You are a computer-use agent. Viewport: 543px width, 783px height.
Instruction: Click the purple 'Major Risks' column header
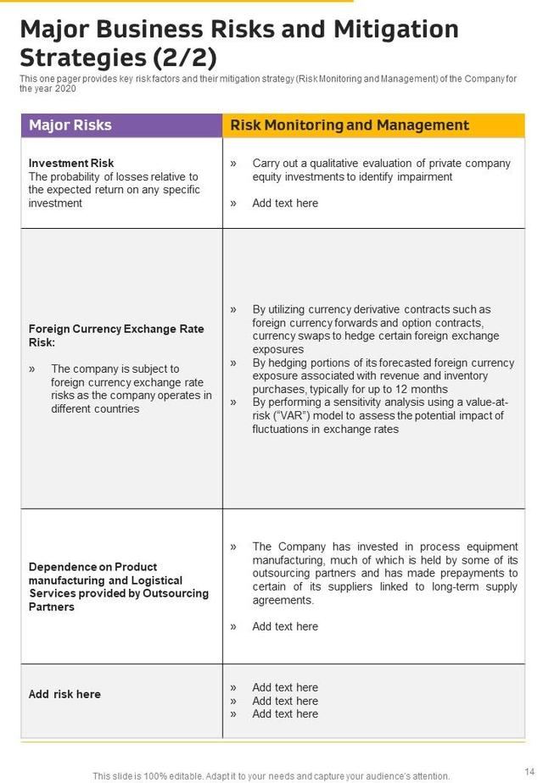coord(70,125)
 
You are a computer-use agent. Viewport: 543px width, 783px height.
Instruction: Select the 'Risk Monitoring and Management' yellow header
coord(350,125)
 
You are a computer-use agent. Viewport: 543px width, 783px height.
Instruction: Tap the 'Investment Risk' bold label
coord(71,163)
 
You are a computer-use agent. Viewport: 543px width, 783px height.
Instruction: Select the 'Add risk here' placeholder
coord(64,694)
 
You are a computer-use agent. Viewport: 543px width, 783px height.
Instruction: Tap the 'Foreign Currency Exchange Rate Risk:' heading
coord(116,336)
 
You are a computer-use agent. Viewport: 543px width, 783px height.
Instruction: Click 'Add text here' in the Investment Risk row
coord(285,203)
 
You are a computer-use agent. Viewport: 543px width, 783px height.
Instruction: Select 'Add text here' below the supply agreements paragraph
coord(285,626)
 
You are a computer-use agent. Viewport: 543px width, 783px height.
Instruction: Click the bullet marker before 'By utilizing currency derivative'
coord(233,310)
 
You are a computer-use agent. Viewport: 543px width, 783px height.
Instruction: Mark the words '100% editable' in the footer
coord(179,775)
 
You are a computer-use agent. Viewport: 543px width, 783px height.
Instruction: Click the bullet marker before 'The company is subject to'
coord(32,369)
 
